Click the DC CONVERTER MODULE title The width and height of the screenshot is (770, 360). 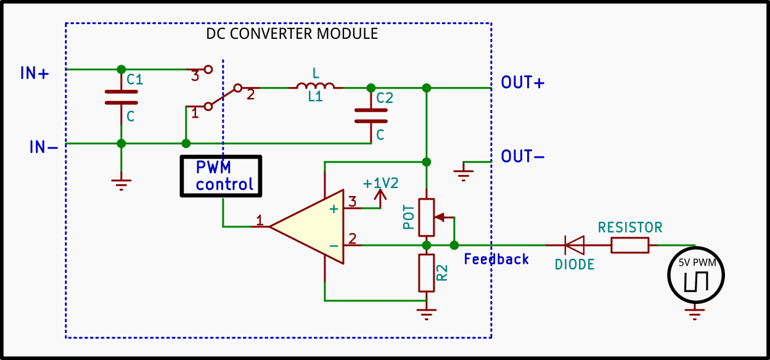pos(292,33)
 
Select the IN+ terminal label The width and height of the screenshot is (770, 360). pos(35,73)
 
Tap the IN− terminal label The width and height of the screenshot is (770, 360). pos(44,147)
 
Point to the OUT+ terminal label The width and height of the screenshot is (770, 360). pos(522,83)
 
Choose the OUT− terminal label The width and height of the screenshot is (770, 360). pos(522,157)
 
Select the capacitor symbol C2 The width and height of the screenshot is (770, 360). pos(371,116)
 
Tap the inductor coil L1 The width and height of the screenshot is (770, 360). pos(315,87)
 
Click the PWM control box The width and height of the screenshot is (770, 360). pos(221,176)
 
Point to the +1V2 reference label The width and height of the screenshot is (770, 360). pos(380,183)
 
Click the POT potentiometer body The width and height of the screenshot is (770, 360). pos(426,217)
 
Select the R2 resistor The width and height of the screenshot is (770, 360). pos(426,272)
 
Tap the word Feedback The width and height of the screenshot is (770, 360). pos(496,259)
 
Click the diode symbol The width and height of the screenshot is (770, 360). pos(575,245)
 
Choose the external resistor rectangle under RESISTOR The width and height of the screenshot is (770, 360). pos(629,245)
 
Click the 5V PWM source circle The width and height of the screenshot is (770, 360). pos(695,276)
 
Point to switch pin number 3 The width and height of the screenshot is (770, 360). pos(195,76)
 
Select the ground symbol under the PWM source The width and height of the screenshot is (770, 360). pos(695,316)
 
